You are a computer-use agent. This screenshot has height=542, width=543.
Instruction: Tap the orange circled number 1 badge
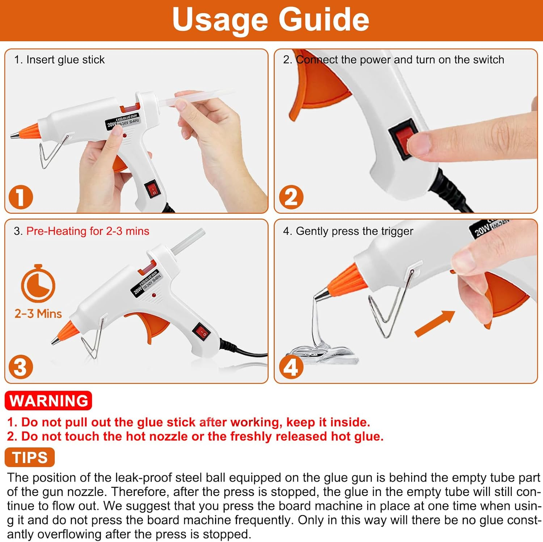click(x=21, y=197)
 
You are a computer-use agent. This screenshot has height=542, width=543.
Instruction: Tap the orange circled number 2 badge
click(x=291, y=197)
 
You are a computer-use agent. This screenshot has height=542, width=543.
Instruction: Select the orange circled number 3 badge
click(x=21, y=367)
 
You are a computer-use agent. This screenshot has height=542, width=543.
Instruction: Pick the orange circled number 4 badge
click(x=291, y=367)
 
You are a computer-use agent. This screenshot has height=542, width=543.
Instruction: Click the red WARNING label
click(x=49, y=401)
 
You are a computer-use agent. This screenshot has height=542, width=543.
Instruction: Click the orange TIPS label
click(x=30, y=457)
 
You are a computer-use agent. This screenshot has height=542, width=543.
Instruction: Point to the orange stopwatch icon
click(x=38, y=284)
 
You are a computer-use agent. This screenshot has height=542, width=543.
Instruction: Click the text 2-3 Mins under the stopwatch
click(x=38, y=313)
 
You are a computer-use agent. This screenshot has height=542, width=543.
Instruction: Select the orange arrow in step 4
click(x=435, y=323)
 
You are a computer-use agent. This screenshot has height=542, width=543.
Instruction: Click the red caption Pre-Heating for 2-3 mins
click(x=88, y=231)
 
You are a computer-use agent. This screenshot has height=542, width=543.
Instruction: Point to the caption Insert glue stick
click(x=65, y=60)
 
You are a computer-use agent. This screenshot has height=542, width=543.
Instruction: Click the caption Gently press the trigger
click(x=354, y=231)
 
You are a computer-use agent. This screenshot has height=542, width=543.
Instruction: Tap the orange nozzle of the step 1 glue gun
click(x=29, y=131)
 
